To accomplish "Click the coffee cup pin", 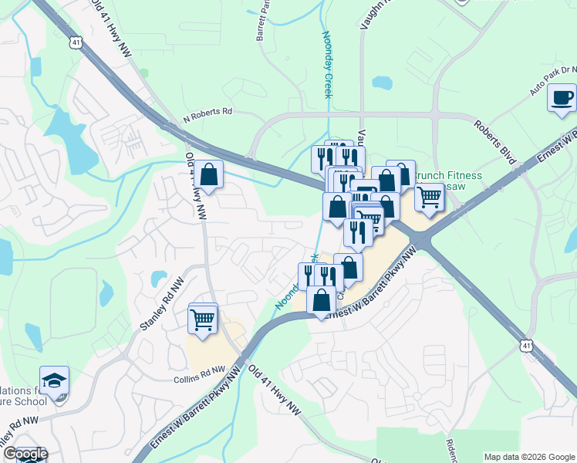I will [x=562, y=98].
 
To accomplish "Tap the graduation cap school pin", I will [x=54, y=380].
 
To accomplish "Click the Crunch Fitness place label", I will [x=447, y=176].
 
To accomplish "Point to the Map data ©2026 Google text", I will [x=528, y=457].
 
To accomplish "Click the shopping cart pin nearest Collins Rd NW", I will [x=203, y=318].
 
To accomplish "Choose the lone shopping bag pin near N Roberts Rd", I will [x=208, y=175].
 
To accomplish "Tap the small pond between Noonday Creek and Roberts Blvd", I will [x=382, y=83].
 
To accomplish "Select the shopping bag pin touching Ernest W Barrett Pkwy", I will [x=322, y=300].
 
